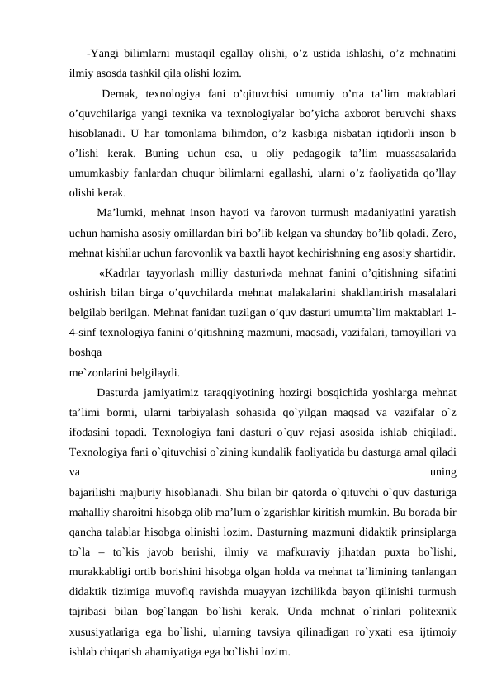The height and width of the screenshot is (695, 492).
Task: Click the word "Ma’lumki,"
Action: point(121,211)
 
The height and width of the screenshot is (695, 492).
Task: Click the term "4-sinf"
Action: point(84,331)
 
